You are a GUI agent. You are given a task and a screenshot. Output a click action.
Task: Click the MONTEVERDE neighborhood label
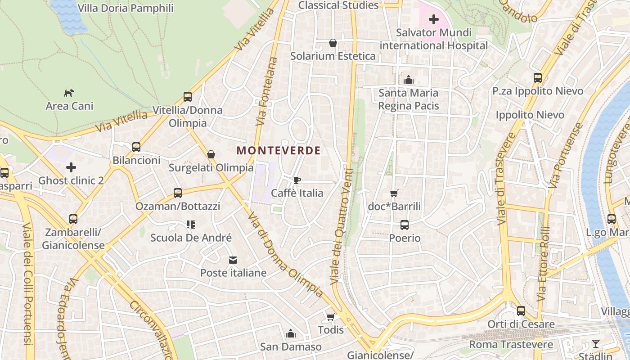(x=279, y=150)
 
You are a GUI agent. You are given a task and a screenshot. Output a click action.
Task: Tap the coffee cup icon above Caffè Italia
(x=297, y=180)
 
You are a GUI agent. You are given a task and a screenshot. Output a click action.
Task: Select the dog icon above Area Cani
(x=69, y=93)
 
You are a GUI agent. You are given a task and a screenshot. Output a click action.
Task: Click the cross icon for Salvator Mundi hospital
(x=434, y=19)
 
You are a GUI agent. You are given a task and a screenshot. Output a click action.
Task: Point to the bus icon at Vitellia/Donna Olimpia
(x=188, y=97)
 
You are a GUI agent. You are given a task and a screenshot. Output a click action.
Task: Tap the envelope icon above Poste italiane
(x=233, y=260)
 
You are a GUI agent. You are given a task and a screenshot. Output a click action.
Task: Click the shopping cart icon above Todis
(x=331, y=317)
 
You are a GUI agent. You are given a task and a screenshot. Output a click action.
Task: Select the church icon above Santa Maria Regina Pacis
(x=409, y=80)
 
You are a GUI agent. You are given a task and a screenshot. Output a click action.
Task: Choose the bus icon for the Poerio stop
(x=405, y=225)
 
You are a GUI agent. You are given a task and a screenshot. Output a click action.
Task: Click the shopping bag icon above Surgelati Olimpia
(x=211, y=155)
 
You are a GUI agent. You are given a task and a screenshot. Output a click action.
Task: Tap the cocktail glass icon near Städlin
(x=596, y=344)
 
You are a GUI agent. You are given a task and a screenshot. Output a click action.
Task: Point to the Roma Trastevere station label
(x=511, y=345)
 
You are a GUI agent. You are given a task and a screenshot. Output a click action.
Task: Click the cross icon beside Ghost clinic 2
(x=71, y=168)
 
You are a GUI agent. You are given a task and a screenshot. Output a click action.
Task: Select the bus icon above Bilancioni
(x=136, y=147)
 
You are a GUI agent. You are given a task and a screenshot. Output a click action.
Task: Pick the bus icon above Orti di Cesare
(x=521, y=311)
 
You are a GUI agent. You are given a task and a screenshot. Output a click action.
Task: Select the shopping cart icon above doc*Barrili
(x=394, y=193)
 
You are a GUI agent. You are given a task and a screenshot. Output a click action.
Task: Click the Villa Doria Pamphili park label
(x=126, y=8)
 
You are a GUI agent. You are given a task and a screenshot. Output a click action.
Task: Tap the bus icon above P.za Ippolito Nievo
(x=538, y=78)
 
